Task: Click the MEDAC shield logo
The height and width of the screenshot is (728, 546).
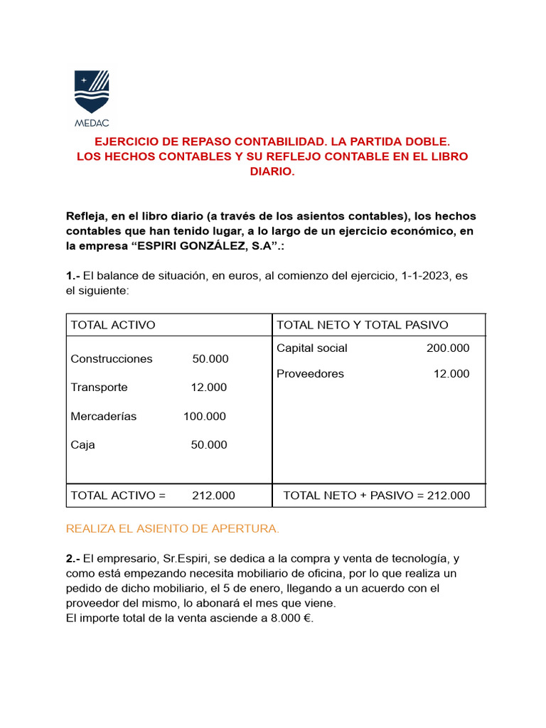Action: click(x=92, y=91)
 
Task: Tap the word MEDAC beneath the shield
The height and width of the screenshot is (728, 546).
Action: click(x=92, y=121)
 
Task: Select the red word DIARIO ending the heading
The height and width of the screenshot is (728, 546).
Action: click(x=272, y=171)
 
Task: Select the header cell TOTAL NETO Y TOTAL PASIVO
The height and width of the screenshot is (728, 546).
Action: click(x=362, y=325)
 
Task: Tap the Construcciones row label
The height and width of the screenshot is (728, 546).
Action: click(x=112, y=359)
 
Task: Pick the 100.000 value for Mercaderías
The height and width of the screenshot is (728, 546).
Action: click(x=205, y=417)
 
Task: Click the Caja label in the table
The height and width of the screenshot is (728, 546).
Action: click(x=82, y=445)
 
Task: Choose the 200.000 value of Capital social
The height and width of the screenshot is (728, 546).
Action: click(x=448, y=348)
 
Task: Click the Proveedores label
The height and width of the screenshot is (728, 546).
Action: click(x=310, y=374)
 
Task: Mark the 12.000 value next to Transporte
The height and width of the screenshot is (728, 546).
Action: click(x=209, y=387)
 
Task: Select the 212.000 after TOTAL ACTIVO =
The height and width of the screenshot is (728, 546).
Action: click(x=213, y=496)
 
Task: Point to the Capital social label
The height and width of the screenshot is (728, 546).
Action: click(x=312, y=348)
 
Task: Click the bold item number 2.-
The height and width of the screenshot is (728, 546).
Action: click(x=73, y=559)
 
